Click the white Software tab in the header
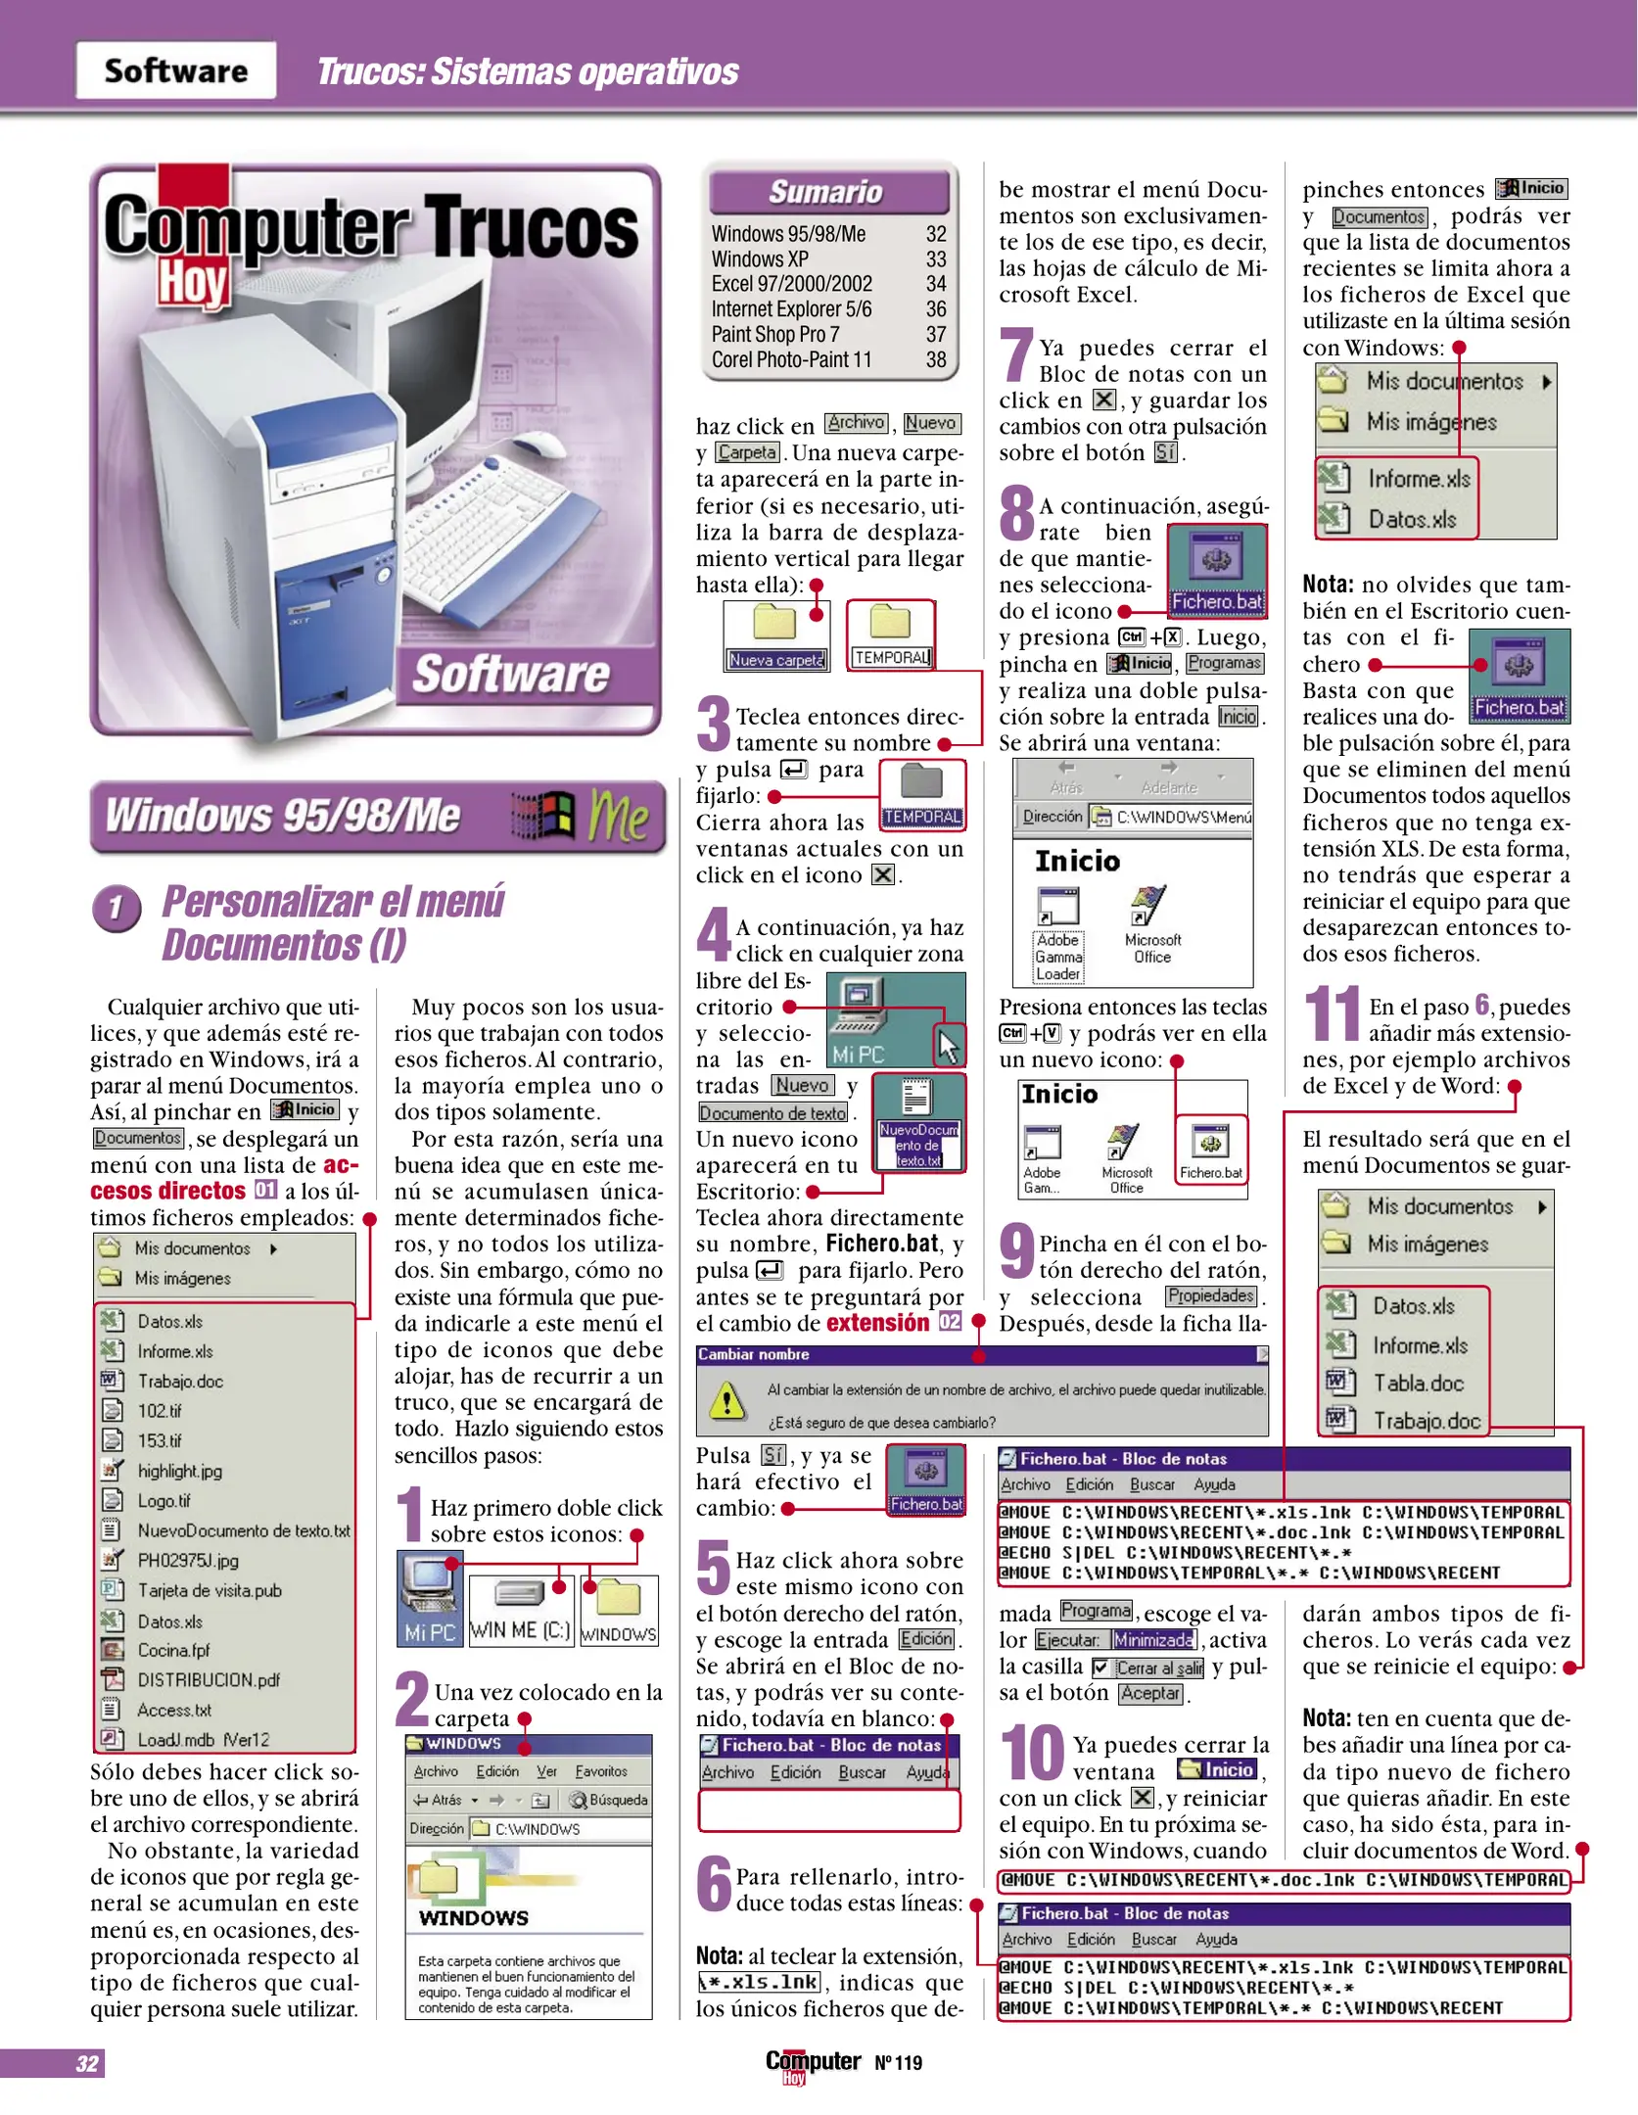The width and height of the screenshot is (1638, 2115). click(175, 70)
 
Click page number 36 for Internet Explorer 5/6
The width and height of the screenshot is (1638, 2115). click(935, 309)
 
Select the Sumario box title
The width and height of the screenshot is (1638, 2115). click(825, 192)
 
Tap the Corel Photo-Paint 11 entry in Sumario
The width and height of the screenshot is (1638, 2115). click(790, 360)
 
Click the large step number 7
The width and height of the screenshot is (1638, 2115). click(1015, 354)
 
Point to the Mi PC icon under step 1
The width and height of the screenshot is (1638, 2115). click(429, 1595)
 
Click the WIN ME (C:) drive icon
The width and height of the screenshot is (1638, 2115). click(519, 1607)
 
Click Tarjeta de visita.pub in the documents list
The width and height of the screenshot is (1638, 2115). click(209, 1590)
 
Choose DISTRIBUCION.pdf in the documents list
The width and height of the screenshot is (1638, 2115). click(208, 1679)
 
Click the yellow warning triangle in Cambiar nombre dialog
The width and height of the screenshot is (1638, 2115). click(726, 1401)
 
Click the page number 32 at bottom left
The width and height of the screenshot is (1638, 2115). click(86, 2063)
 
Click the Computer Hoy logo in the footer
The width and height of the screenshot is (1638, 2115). click(812, 2064)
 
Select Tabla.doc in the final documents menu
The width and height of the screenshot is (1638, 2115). click(1417, 1383)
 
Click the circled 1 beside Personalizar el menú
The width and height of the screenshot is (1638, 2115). click(117, 907)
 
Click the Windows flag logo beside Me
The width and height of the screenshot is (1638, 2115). click(544, 816)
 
